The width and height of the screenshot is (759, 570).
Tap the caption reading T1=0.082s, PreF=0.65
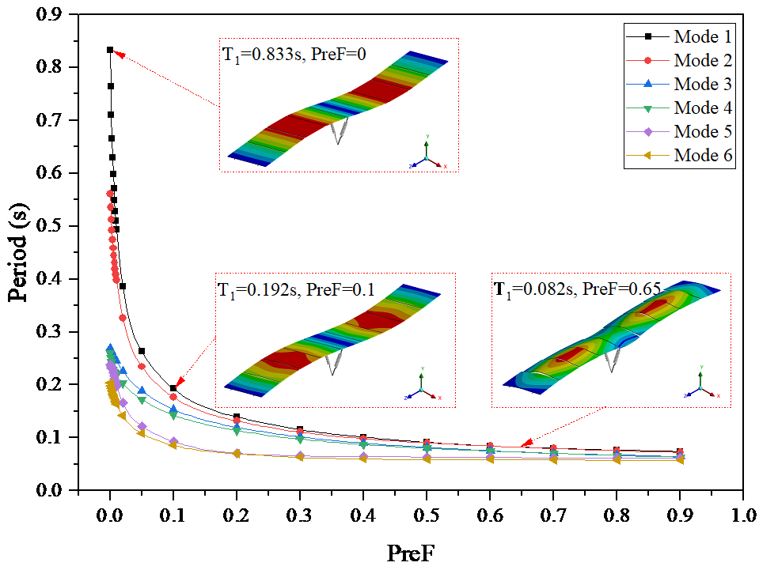pos(579,289)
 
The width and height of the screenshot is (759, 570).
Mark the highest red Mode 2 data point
pos(110,194)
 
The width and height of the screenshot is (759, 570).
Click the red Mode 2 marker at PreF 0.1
pos(173,396)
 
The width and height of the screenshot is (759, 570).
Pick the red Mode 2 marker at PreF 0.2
pos(237,421)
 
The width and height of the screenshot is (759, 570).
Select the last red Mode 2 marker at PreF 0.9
pos(679,453)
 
